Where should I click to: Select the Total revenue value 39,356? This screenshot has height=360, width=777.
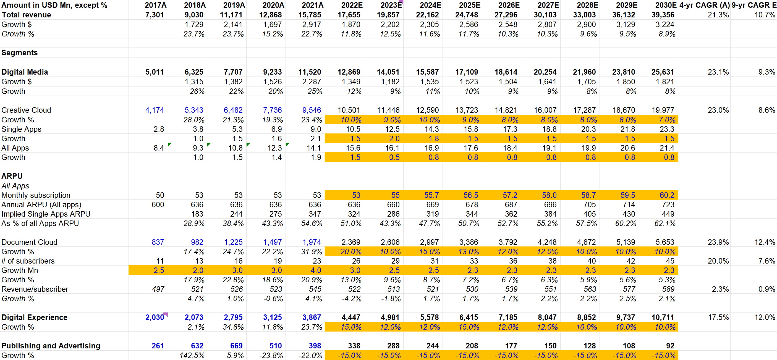click(663, 15)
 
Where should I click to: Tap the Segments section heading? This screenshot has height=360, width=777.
click(20, 53)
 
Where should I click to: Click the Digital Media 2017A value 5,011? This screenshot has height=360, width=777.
click(155, 72)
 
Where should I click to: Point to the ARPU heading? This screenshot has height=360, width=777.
click(12, 176)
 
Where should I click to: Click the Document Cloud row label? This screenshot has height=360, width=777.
click(29, 242)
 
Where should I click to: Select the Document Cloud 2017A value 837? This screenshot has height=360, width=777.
click(158, 242)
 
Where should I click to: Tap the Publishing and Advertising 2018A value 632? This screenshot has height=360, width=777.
click(197, 346)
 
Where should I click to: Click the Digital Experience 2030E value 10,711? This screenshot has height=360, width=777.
click(663, 317)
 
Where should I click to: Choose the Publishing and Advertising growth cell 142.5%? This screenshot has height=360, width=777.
click(192, 356)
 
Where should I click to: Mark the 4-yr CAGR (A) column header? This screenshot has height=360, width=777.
click(704, 5)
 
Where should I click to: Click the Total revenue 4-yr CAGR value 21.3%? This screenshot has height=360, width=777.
click(718, 15)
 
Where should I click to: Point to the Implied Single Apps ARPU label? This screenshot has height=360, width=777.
click(46, 214)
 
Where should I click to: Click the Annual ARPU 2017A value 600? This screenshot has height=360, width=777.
click(158, 205)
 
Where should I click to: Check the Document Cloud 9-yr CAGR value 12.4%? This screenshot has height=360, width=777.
click(765, 242)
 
